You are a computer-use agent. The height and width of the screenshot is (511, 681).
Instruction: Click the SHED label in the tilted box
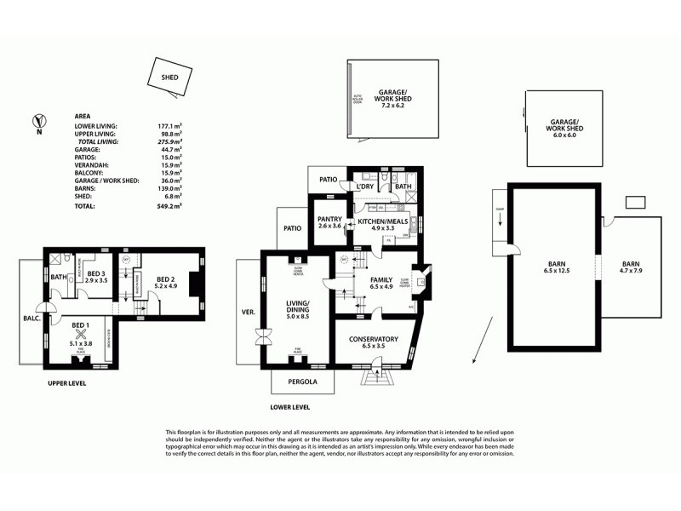pyautogui.click(x=169, y=77)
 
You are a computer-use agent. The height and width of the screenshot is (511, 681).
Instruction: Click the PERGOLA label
pyautogui.click(x=301, y=382)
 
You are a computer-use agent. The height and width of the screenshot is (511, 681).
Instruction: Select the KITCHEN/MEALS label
pyautogui.click(x=382, y=221)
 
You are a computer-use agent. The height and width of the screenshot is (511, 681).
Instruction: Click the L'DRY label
pyautogui.click(x=366, y=187)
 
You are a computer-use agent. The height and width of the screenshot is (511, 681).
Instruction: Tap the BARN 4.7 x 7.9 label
pyautogui.click(x=632, y=267)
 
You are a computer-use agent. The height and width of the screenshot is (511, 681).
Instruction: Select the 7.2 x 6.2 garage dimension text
pyautogui.click(x=392, y=105)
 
